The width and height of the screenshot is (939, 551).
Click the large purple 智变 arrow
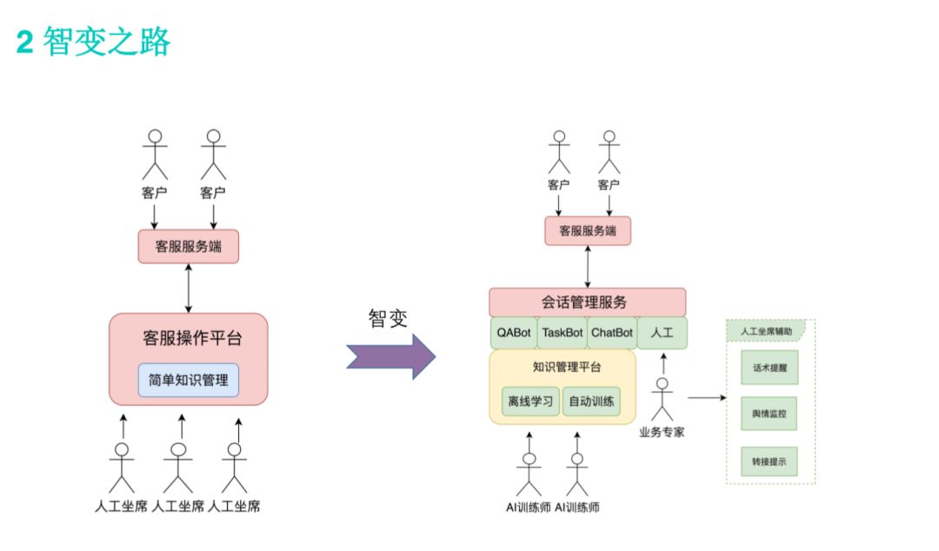(x=390, y=356)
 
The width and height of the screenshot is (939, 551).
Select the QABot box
(x=513, y=332)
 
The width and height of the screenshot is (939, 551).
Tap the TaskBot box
(x=563, y=332)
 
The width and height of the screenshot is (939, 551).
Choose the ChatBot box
(x=611, y=332)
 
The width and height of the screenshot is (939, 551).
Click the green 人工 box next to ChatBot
(x=662, y=332)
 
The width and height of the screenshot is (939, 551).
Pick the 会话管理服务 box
(x=587, y=302)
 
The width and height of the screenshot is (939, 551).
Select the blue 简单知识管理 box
(x=188, y=380)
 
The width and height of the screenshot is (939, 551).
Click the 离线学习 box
(x=530, y=402)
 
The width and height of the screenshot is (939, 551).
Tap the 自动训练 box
(x=591, y=402)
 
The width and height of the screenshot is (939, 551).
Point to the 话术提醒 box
(x=769, y=368)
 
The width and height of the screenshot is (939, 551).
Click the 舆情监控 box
(x=769, y=415)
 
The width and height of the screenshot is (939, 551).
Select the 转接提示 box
(x=769, y=461)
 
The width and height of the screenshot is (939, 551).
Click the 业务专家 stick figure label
(x=661, y=432)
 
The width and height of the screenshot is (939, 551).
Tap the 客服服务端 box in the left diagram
(x=188, y=247)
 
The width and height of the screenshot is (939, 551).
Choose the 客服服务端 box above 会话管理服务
(x=587, y=231)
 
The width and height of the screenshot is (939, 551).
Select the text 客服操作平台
(x=188, y=338)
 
